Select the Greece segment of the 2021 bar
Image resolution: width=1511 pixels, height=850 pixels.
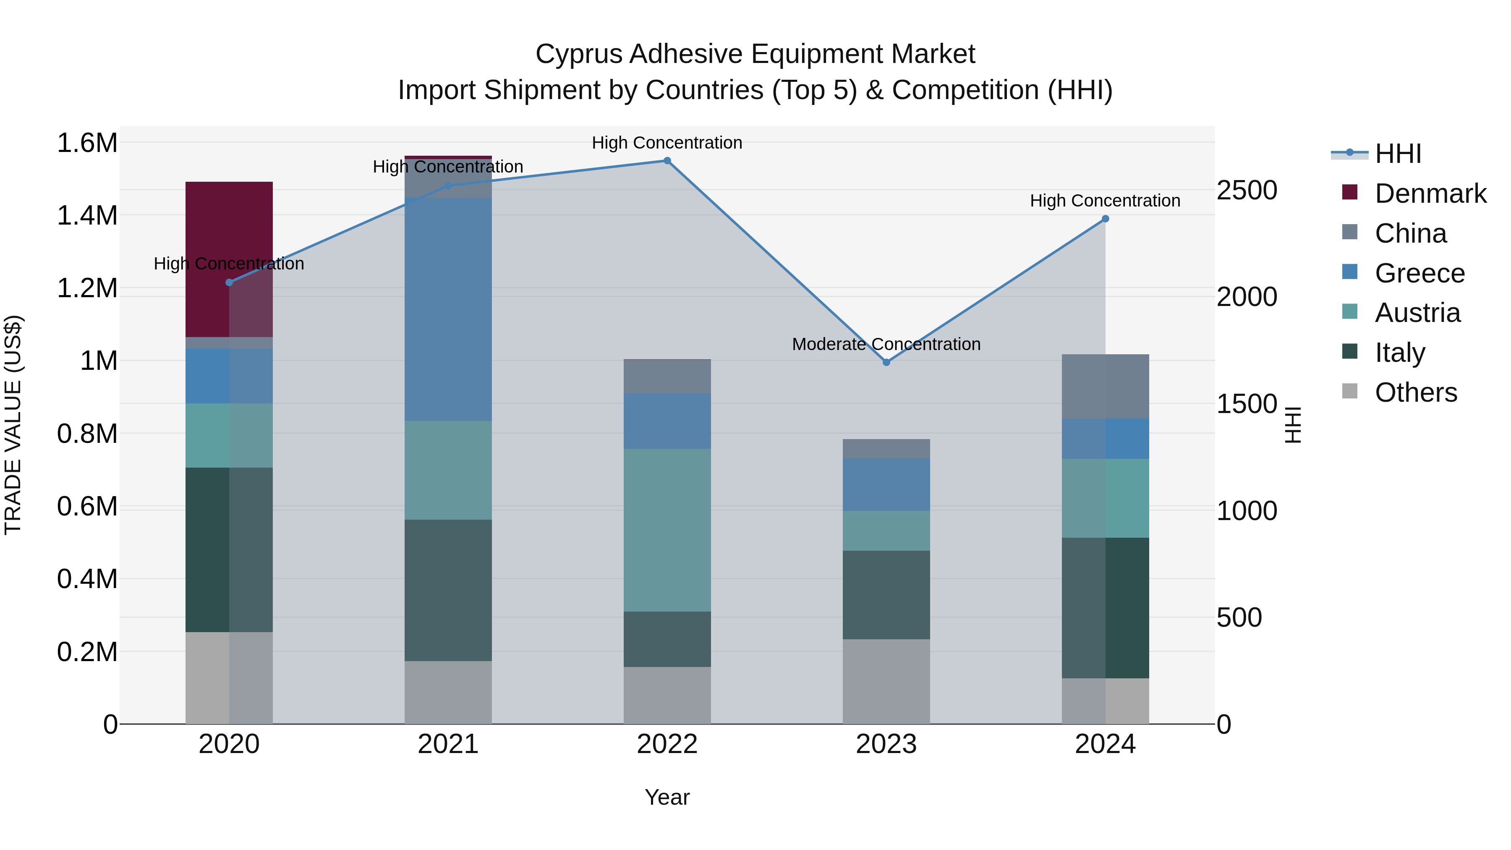tap(448, 309)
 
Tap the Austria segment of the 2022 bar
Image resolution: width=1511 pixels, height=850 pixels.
tap(667, 530)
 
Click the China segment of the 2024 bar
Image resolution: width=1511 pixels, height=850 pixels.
tap(1105, 386)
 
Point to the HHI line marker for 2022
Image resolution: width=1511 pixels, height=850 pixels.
tap(667, 161)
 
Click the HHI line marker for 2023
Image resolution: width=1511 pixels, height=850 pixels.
tap(886, 363)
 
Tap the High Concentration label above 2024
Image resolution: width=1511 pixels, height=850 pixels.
tap(1105, 201)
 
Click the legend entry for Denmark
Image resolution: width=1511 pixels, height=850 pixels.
tap(1430, 194)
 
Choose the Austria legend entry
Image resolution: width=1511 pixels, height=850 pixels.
tap(1417, 313)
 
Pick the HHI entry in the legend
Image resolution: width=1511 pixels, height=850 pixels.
tap(1397, 154)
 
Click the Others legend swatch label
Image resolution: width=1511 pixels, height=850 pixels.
tap(1415, 392)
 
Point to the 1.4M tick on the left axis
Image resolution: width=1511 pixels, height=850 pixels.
tap(87, 215)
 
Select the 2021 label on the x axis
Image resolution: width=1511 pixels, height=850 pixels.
tap(448, 744)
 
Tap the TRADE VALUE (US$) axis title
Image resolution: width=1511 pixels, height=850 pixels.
tap(13, 425)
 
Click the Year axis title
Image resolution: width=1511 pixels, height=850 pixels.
tap(667, 797)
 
